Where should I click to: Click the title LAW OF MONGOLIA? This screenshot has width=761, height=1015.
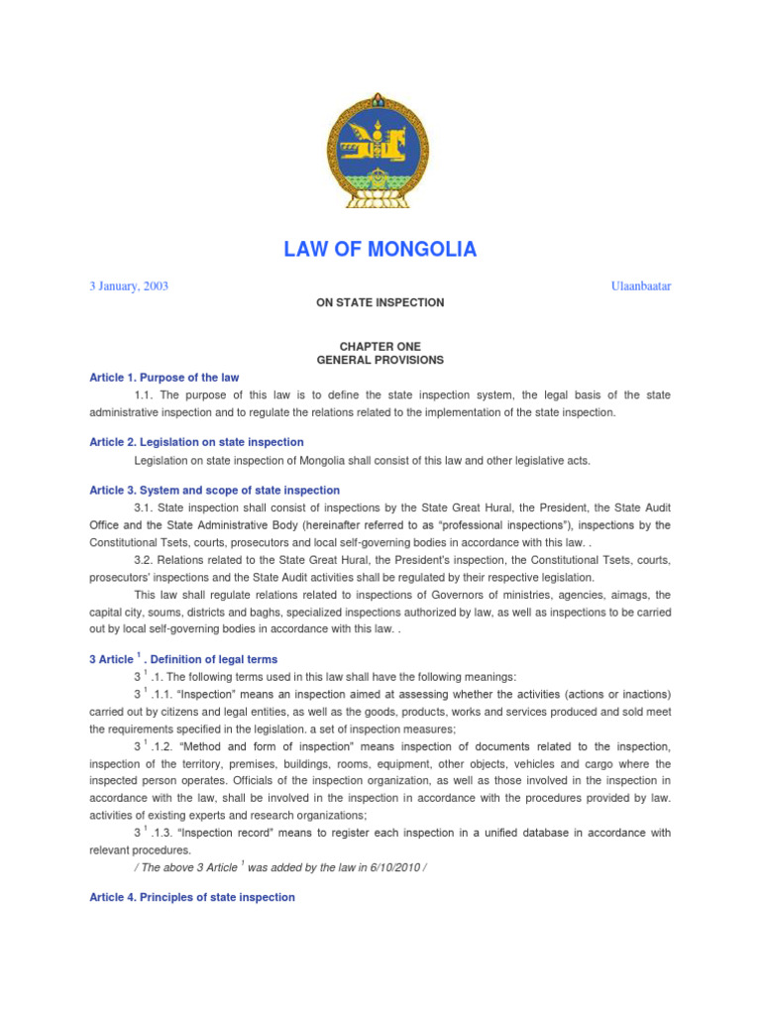pos(380,250)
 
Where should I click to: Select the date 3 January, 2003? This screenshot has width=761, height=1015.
pos(128,286)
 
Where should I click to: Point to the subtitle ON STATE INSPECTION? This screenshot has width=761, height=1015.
pos(380,302)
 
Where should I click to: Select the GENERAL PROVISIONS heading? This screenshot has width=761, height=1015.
pos(380,361)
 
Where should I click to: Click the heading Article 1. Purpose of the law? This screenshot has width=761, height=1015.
pos(163,378)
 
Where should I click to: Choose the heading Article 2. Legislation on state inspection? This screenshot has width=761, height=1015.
pos(196,442)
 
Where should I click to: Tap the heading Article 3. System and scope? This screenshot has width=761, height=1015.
pos(214,491)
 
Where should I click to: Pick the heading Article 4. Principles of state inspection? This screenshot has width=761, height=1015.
pos(192,897)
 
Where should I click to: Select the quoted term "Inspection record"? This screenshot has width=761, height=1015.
pos(221,833)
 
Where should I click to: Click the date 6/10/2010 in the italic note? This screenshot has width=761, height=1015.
pos(400,867)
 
